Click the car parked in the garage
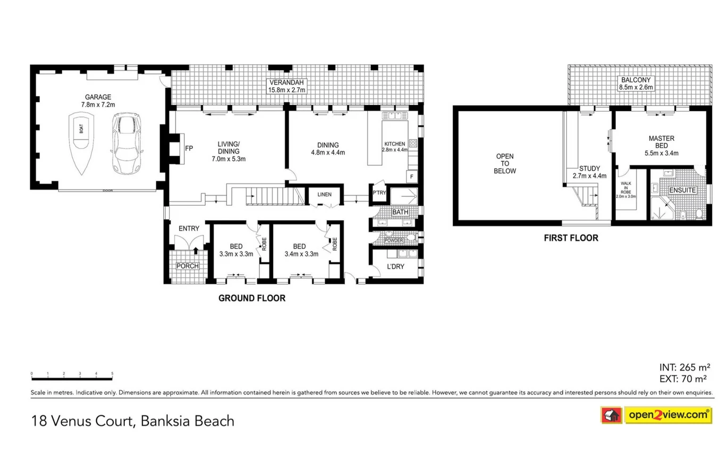(126, 144)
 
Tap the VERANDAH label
(286, 82)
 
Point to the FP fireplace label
(189, 148)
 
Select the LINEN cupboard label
(324, 195)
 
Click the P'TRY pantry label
(379, 193)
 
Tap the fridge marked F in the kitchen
(412, 177)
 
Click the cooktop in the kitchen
(413, 143)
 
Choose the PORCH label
(188, 266)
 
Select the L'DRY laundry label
(395, 266)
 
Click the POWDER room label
(394, 241)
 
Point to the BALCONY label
(636, 80)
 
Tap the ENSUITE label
(682, 190)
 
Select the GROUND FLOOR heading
(252, 298)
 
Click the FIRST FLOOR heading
(571, 238)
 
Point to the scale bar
(72, 379)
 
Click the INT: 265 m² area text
(685, 367)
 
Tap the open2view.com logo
(656, 415)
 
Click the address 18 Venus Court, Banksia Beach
(133, 421)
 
